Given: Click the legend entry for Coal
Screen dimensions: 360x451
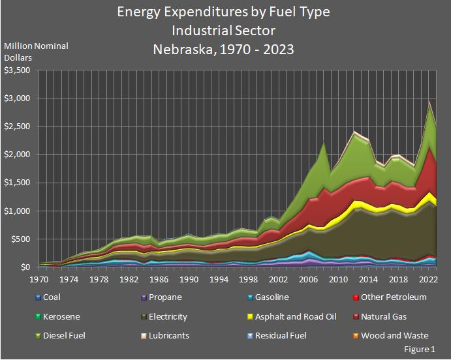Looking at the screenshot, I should click(52, 297).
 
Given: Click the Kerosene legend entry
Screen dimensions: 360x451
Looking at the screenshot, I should click(57, 316).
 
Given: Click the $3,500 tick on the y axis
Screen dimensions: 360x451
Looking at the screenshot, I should click(18, 70).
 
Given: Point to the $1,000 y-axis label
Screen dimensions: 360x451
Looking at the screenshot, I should click(18, 211).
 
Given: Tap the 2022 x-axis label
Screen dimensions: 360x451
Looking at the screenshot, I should click(428, 279).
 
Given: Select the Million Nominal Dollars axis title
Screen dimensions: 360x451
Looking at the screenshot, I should click(36, 52).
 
